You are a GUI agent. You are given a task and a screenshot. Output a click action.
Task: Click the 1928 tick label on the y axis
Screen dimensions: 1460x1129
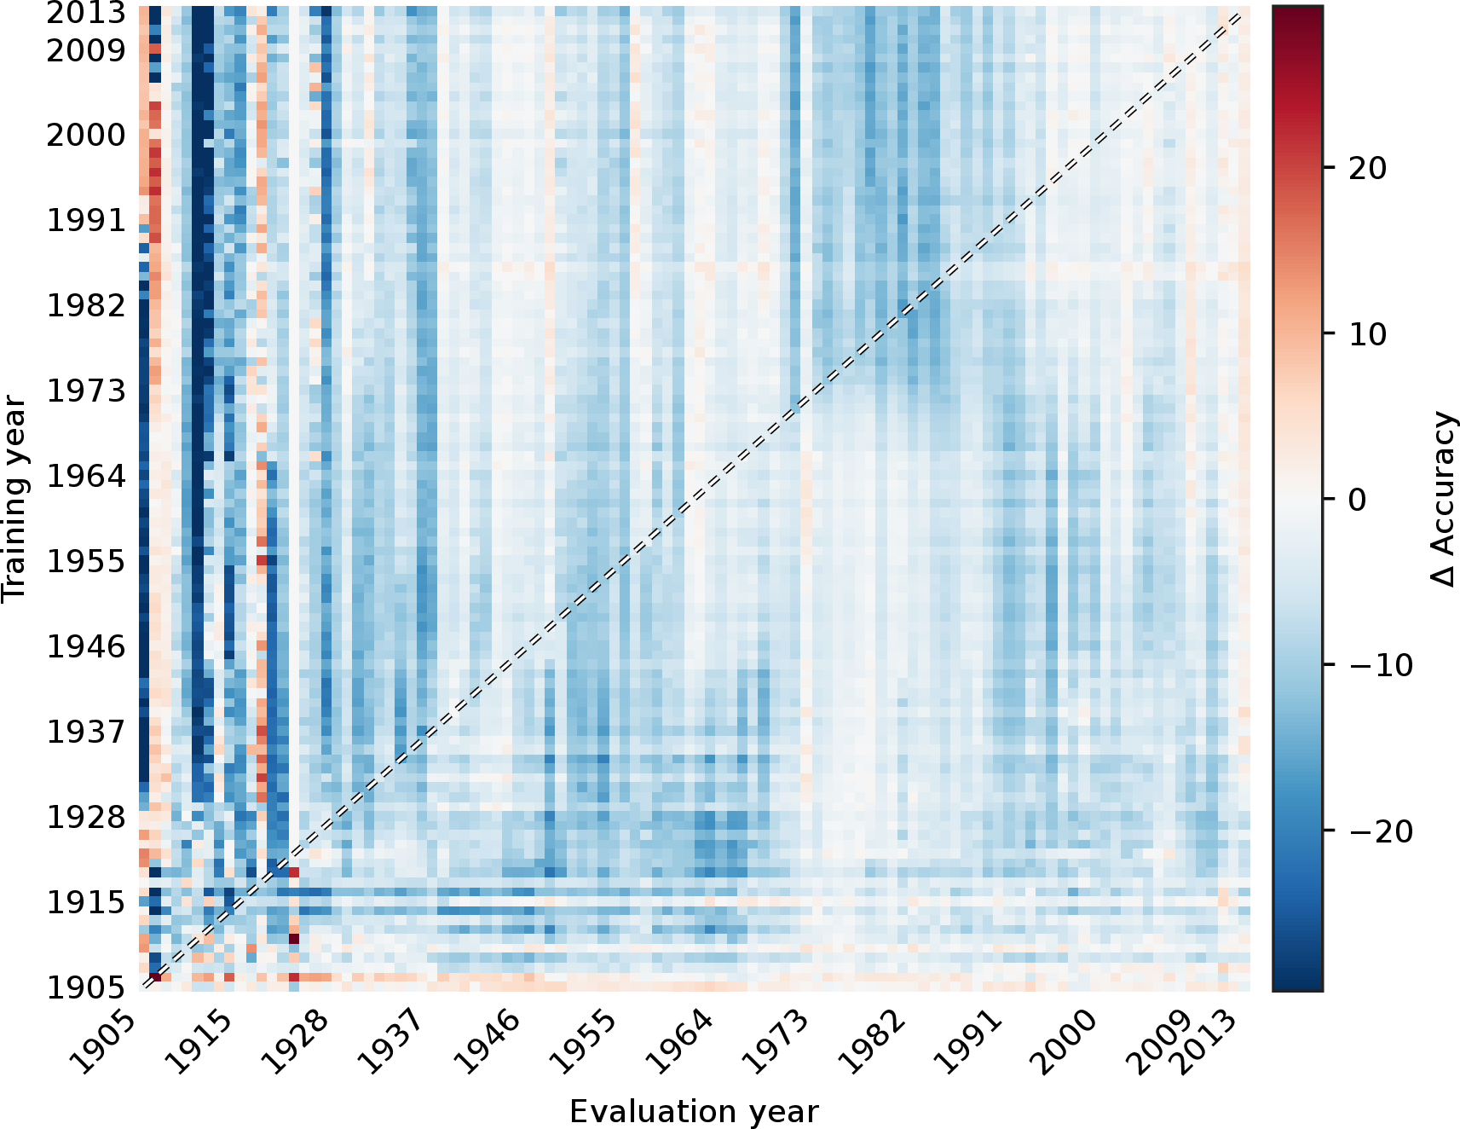[x=85, y=817]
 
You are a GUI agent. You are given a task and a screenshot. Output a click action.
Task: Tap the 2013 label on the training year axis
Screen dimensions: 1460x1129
[x=85, y=14]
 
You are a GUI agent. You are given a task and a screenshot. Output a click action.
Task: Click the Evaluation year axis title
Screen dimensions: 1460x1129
[x=694, y=1111]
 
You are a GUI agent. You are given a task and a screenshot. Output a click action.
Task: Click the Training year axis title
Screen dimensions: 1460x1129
[x=14, y=499]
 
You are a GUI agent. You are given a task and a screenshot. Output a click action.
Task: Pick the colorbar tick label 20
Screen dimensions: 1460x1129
[x=1368, y=168]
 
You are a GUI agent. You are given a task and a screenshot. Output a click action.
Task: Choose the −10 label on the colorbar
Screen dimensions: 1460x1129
[x=1381, y=665]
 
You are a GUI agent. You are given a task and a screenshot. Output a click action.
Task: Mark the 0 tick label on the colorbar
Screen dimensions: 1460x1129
[x=1358, y=500]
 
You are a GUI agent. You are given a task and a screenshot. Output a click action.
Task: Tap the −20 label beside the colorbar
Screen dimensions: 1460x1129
[x=1381, y=831]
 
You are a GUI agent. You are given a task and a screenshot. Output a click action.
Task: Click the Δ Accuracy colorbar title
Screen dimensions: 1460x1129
[x=1442, y=499]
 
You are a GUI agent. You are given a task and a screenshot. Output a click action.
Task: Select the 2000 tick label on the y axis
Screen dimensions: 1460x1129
[x=85, y=135]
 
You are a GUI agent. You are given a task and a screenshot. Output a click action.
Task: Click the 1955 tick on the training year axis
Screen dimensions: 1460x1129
[x=85, y=561]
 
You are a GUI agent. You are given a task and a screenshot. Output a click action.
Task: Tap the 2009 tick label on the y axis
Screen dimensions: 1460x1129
[x=85, y=51]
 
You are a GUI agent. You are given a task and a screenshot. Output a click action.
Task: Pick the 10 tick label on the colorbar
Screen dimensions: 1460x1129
[x=1368, y=334]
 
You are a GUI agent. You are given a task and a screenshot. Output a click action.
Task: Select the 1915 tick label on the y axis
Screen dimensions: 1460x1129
[x=85, y=902]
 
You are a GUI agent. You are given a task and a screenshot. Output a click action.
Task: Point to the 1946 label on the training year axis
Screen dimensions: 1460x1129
[x=85, y=646]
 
